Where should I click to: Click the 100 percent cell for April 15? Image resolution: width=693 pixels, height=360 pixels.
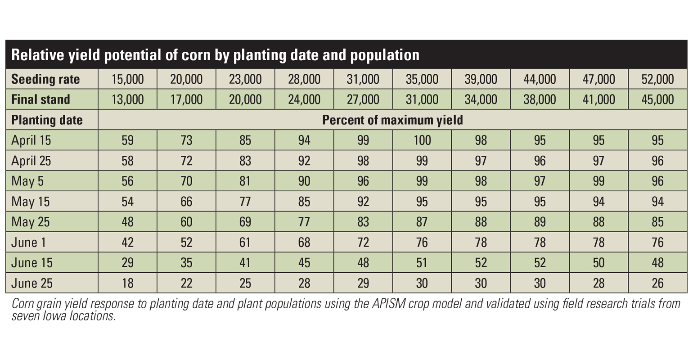point(422,140)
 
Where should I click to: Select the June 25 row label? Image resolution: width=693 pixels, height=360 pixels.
point(32,283)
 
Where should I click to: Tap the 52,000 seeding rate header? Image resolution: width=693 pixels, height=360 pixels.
point(657,80)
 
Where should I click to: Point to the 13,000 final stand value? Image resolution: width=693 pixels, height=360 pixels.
point(127,99)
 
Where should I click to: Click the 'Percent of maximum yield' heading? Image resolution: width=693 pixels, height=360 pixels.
point(392,120)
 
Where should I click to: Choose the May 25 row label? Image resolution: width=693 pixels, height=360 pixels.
point(30,222)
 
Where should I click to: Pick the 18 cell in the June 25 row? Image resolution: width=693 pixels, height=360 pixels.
point(127,283)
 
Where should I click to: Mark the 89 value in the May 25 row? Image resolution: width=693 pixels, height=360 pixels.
point(540,222)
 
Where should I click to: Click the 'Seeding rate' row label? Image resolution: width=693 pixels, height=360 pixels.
point(45,80)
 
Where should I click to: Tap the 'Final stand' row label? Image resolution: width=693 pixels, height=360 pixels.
point(40,99)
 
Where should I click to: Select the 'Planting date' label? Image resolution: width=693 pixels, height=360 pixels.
point(47,120)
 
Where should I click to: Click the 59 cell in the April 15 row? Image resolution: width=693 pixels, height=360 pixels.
point(127,140)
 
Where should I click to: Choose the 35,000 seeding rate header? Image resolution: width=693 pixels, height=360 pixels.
point(422,80)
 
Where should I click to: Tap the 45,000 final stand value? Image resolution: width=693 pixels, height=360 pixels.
point(657,99)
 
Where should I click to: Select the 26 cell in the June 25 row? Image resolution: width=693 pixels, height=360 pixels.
point(657,283)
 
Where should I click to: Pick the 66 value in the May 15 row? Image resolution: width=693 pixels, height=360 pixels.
point(186,202)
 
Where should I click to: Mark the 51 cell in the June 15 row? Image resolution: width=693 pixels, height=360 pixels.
point(422,263)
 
